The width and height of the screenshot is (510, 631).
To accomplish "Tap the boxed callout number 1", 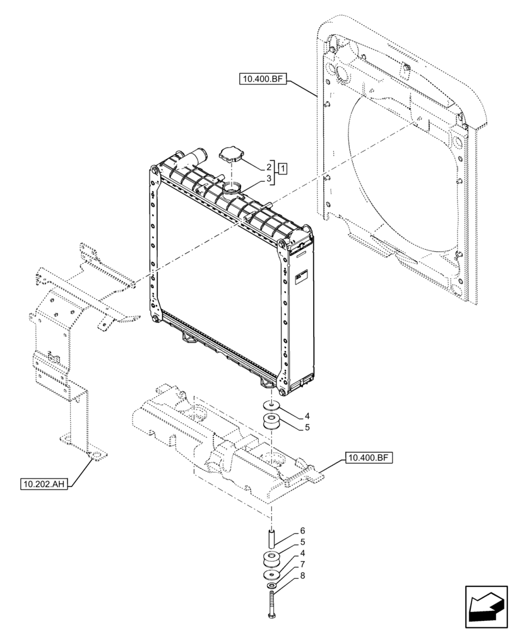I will [x=283, y=168].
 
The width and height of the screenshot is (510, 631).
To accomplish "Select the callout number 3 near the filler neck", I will [x=269, y=180].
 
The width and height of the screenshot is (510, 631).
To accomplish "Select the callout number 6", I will [x=302, y=531].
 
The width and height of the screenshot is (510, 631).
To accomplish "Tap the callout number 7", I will [x=303, y=563].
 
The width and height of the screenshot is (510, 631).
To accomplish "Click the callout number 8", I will [x=303, y=575].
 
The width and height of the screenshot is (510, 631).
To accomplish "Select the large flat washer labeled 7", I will [x=272, y=576].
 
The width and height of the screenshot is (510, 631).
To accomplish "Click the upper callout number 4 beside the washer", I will [x=307, y=416].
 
